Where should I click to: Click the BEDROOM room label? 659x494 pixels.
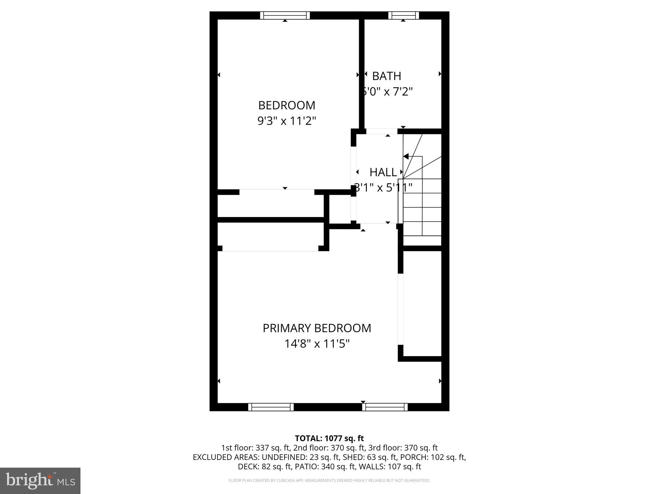coord(286,105)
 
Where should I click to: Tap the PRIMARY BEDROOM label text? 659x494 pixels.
coord(317,328)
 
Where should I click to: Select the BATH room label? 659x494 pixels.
coord(386,76)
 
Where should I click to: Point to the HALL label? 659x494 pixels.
coord(383,172)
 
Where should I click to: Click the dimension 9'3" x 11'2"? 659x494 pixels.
coord(286,121)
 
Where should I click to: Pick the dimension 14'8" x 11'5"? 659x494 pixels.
coord(317,344)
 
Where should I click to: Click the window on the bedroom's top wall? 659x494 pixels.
coord(285,15)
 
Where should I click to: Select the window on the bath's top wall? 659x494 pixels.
coord(404,15)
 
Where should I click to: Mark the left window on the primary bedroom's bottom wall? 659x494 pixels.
coord(271,407)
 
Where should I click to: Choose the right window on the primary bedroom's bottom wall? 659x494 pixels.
coord(385,407)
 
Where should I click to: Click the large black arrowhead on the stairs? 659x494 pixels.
coord(406,157)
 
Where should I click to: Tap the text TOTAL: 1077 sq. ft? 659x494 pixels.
coord(329,438)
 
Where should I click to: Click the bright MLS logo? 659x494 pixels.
coord(40,480)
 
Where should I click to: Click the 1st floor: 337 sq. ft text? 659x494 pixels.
coord(255,448)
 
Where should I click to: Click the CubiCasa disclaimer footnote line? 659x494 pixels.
coord(329,480)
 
